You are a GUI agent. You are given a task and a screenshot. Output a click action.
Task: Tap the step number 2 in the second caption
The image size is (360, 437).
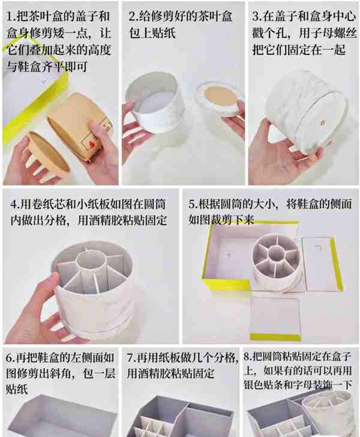click(132, 16)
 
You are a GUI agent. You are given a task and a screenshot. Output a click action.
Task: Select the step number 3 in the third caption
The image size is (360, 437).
click(256, 16)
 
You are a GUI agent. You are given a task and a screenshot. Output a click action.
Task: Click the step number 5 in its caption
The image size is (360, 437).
click(192, 204)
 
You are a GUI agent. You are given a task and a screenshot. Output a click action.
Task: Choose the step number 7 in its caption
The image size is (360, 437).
click(130, 358)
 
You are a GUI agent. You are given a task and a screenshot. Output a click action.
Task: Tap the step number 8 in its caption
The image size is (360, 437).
click(247, 357)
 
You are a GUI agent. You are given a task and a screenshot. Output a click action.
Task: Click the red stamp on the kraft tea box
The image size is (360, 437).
click(91, 144)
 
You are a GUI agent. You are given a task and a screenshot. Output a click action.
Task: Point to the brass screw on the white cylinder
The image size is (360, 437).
click(322, 122)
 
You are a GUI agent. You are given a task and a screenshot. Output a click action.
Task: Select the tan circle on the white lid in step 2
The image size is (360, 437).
click(221, 96)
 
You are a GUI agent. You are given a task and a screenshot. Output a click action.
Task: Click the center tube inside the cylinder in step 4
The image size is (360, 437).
click(91, 261)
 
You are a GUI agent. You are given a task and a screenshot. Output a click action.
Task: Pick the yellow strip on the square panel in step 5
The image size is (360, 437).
click(275, 337)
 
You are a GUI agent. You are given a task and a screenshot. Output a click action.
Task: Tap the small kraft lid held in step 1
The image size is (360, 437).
click(47, 152)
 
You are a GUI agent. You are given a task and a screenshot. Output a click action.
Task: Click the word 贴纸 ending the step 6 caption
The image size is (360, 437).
click(17, 388)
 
